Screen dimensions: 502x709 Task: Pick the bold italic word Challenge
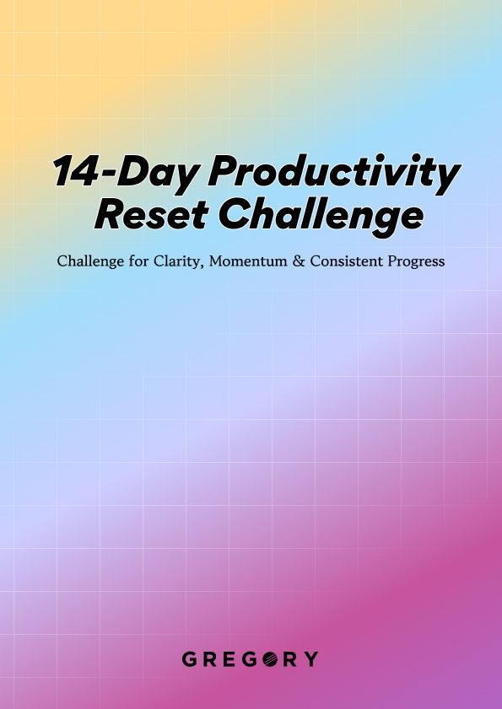(321, 218)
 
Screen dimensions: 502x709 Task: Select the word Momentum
(248, 261)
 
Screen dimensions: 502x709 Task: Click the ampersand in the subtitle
(299, 261)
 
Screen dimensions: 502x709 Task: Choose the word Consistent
(346, 261)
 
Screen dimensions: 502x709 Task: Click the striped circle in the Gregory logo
(270, 658)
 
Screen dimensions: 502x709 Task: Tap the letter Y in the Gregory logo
(311, 658)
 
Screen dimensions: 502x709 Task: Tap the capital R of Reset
(109, 214)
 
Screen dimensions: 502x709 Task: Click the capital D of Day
(135, 171)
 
